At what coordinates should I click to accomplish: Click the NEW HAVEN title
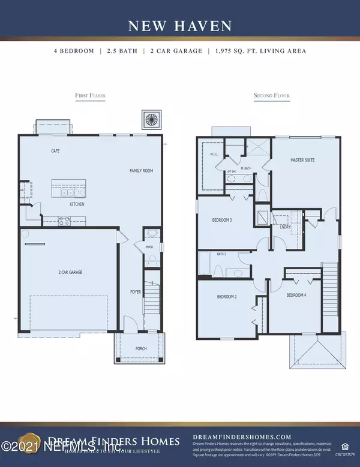pyautogui.click(x=179, y=25)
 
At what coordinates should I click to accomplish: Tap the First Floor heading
pyautogui.click(x=90, y=95)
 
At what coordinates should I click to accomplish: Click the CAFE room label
pyautogui.click(x=55, y=151)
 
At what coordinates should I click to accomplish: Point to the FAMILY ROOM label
pyautogui.click(x=142, y=171)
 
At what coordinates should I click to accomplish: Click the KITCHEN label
pyautogui.click(x=76, y=204)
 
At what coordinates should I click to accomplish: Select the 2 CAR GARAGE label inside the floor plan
pyautogui.click(x=71, y=272)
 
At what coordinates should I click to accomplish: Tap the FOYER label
pyautogui.click(x=136, y=292)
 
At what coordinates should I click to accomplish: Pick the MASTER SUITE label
pyautogui.click(x=302, y=160)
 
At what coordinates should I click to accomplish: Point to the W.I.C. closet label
pyautogui.click(x=213, y=155)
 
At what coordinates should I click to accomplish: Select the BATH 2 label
pyautogui.click(x=221, y=254)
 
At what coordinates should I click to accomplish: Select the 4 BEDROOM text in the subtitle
pyautogui.click(x=74, y=51)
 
